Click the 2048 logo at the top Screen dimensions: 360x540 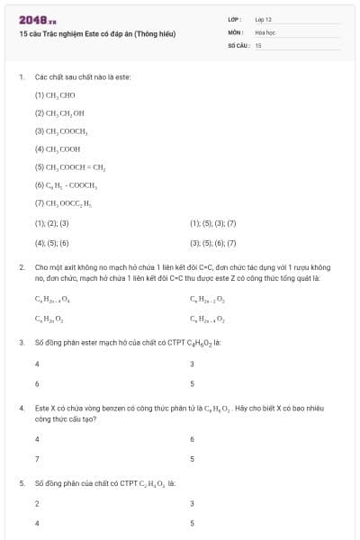(38, 19)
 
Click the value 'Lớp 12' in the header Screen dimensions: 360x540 (264, 19)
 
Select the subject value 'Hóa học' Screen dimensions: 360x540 (265, 31)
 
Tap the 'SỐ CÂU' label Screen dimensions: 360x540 (237, 44)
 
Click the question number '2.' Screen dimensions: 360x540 (22, 267)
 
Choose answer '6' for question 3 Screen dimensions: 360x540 (37, 382)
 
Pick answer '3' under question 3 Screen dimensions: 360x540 (192, 364)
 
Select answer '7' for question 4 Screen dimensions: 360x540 (37, 458)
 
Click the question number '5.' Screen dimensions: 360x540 (22, 483)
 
